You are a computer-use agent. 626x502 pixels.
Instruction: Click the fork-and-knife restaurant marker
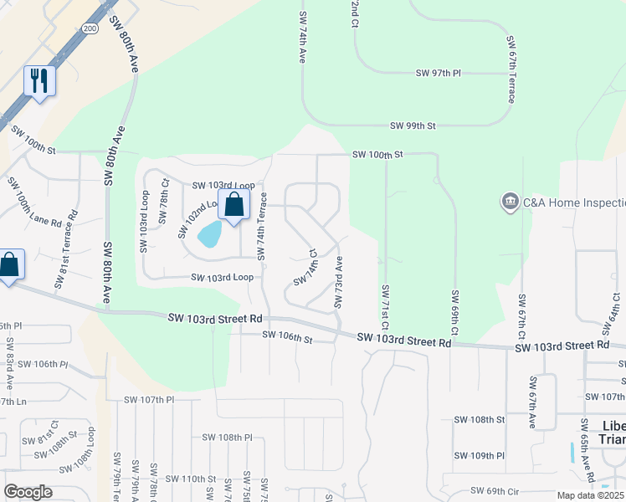pos(39,81)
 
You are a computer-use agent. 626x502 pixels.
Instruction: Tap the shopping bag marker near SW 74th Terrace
pos(234,203)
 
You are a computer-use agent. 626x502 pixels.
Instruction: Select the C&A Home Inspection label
pos(573,202)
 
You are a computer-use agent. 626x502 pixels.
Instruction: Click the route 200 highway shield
pos(90,28)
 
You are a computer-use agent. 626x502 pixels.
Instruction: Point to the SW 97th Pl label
pos(439,74)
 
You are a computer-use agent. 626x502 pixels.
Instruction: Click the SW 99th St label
pos(413,125)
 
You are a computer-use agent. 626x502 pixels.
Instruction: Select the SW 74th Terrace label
pos(263,228)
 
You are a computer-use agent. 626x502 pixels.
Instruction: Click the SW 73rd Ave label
pos(339,282)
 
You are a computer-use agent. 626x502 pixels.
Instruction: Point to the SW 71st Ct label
pos(386,307)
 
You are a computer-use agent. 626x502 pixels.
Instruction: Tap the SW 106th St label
pos(286,336)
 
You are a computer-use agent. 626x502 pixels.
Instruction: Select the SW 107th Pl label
pos(146,400)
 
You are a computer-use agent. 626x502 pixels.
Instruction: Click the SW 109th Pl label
pos(480,456)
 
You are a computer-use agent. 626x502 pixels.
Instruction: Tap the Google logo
pos(28,491)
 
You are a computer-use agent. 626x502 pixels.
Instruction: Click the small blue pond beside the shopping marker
pos(208,235)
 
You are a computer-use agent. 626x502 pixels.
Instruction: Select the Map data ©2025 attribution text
pos(590,495)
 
